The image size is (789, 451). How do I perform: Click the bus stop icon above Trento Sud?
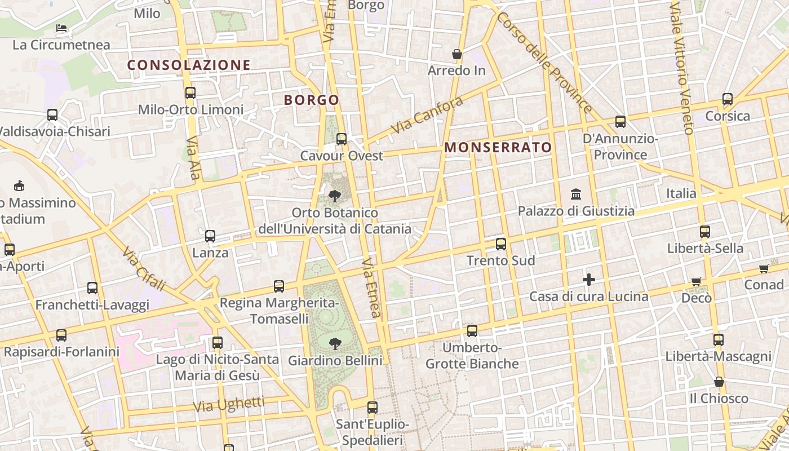[501, 244]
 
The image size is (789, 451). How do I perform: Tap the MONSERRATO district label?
[498, 148]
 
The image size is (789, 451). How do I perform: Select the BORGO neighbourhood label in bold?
[312, 100]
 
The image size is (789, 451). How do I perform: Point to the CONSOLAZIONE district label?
[189, 65]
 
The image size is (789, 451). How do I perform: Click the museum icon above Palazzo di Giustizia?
[576, 194]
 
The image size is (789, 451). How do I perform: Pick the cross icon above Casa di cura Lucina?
[589, 280]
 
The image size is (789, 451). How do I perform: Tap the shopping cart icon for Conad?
[764, 268]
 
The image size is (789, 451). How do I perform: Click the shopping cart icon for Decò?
[697, 281]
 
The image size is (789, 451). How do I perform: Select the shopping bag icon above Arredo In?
[457, 54]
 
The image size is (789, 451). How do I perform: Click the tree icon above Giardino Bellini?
[335, 343]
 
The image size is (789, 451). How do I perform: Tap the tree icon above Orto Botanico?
[334, 196]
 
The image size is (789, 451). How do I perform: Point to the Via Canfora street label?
[427, 115]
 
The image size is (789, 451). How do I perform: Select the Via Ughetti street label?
[228, 404]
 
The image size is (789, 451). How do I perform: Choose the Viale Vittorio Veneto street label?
[681, 68]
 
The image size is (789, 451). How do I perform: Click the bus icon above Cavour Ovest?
[342, 139]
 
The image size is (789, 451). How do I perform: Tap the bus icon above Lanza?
[210, 236]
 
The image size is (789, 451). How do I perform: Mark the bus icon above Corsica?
[728, 100]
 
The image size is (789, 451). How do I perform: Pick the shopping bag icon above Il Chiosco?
[719, 382]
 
